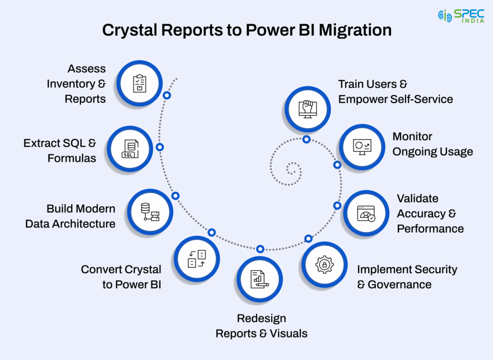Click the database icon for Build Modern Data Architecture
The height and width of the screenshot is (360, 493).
150,212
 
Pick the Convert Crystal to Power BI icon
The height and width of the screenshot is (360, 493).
197,259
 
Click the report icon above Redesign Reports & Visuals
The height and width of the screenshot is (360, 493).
259,280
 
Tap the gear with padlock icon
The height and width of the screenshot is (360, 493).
324,265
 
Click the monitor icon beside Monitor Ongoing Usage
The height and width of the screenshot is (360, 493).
362,147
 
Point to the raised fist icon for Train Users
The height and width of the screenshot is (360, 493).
307,109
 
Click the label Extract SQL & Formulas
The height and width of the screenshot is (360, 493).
60,150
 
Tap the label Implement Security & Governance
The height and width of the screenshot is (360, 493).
407,277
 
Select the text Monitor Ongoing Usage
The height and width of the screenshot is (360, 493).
432,144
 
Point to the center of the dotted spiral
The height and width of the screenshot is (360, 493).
292,169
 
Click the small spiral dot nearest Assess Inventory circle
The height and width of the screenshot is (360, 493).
167,95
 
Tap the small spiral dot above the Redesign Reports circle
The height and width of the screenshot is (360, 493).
260,249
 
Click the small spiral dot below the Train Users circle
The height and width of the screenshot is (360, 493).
306,139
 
